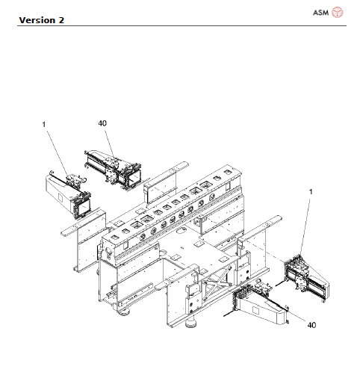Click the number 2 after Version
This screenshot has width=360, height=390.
click(60, 19)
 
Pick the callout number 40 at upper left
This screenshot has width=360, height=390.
click(103, 123)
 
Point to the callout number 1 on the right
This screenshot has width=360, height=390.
click(311, 193)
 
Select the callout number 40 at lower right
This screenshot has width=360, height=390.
click(312, 325)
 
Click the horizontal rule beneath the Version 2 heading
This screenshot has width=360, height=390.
click(179, 25)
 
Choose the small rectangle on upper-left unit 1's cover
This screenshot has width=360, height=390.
click(57, 190)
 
